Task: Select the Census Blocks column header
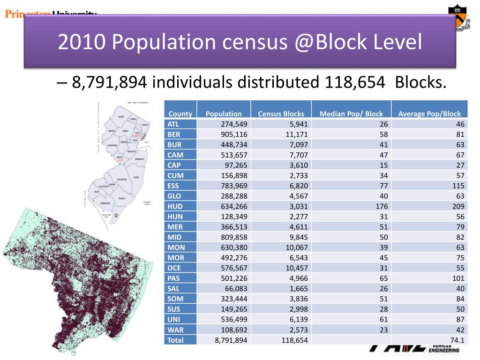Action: pos(281,113)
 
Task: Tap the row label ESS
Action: pos(173,186)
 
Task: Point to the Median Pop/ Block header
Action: pos(351,113)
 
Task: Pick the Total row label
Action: pos(176,340)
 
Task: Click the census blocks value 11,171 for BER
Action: pos(297,134)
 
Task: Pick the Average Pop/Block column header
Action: pos(429,113)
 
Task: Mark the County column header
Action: pos(180,113)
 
